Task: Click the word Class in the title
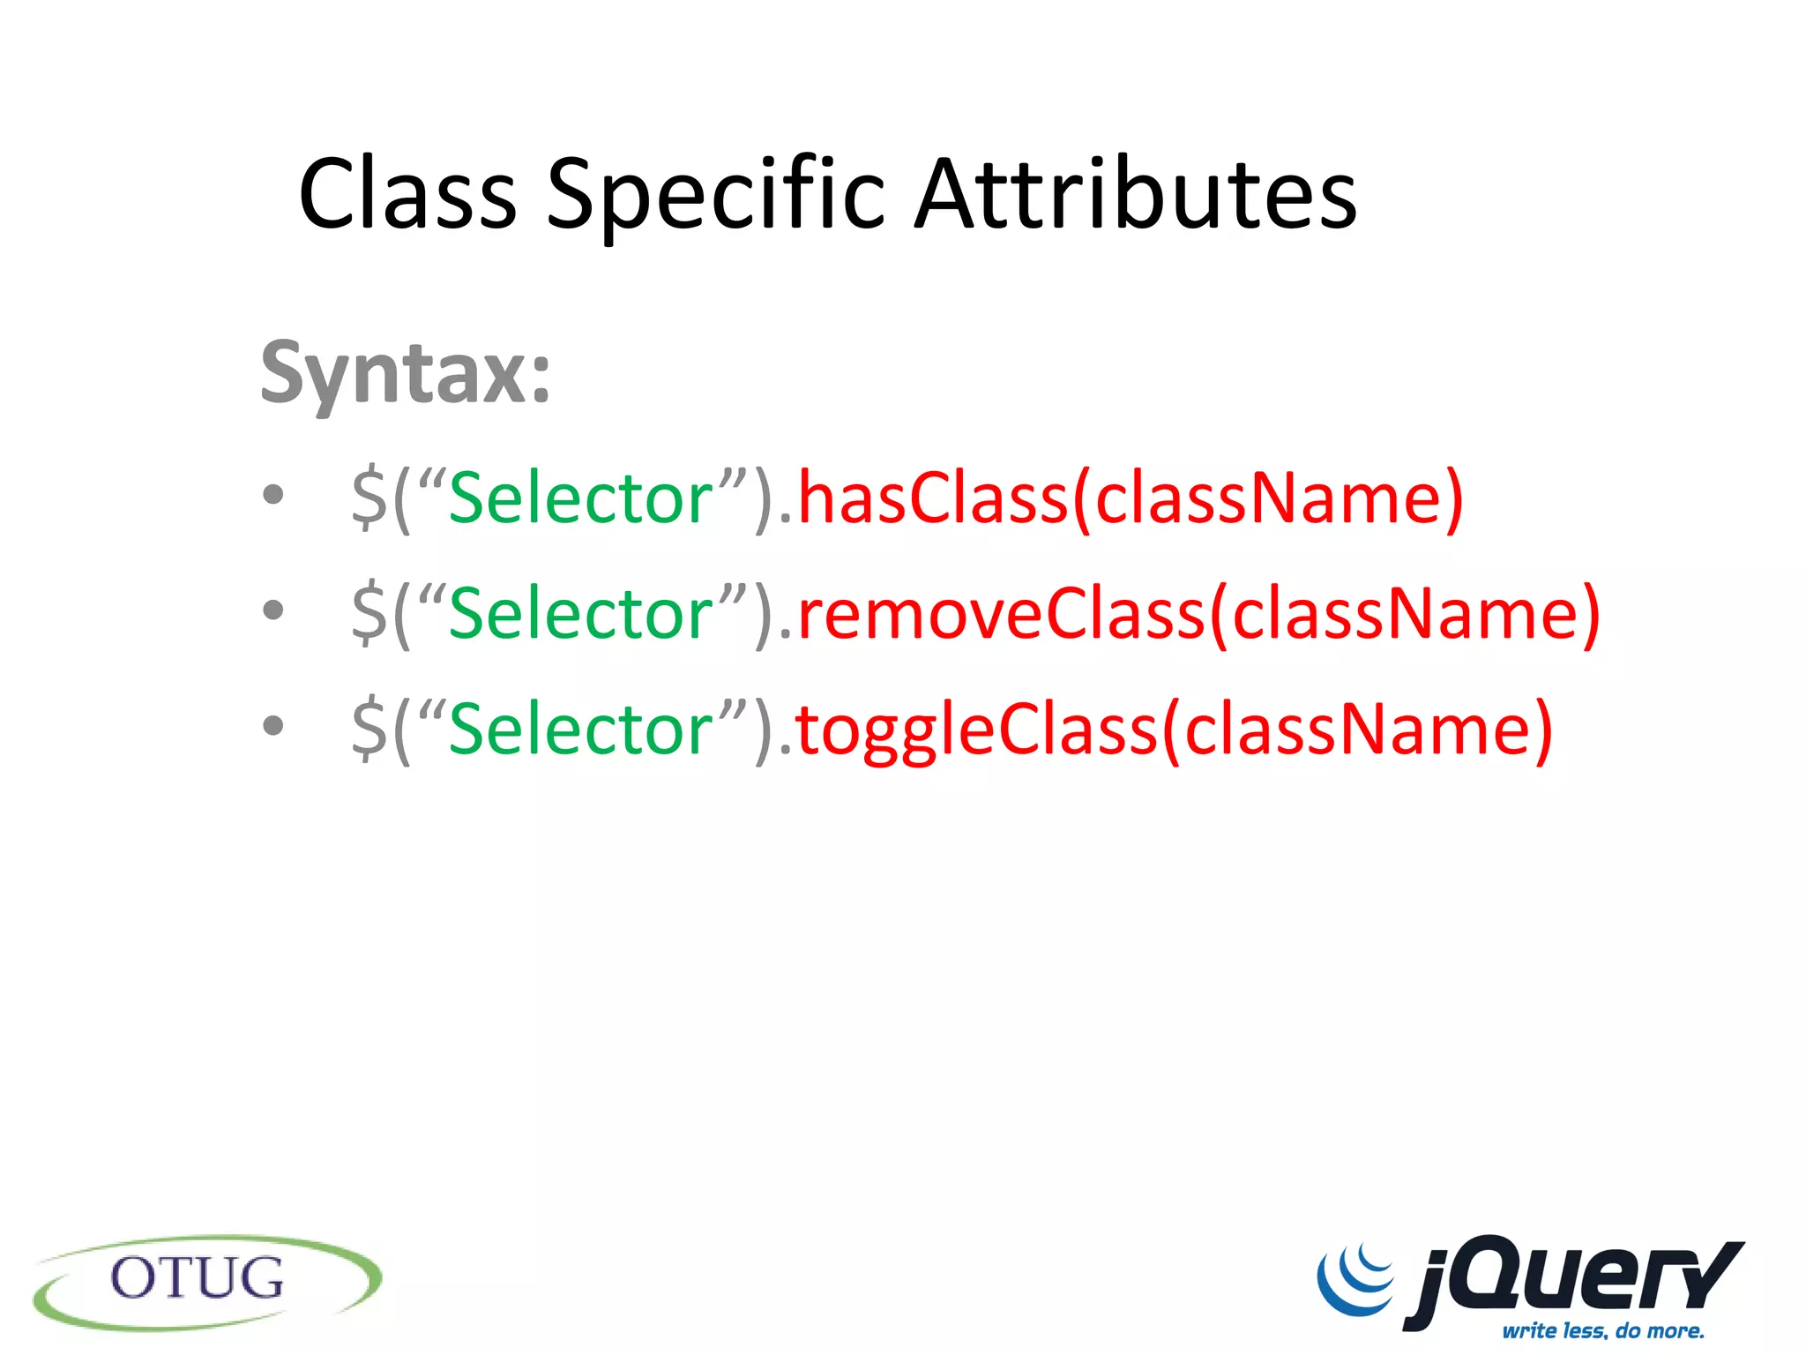click(x=407, y=194)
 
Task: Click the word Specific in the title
click(x=715, y=196)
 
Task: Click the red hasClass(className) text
click(x=1130, y=499)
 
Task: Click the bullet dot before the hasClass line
click(x=273, y=494)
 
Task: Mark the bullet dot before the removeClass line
click(x=273, y=610)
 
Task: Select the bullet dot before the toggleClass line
click(x=273, y=725)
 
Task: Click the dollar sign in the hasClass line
click(x=369, y=499)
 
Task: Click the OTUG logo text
click(x=198, y=1279)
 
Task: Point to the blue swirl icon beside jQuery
click(x=1355, y=1279)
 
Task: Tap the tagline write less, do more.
click(x=1602, y=1330)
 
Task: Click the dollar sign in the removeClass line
click(x=369, y=614)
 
